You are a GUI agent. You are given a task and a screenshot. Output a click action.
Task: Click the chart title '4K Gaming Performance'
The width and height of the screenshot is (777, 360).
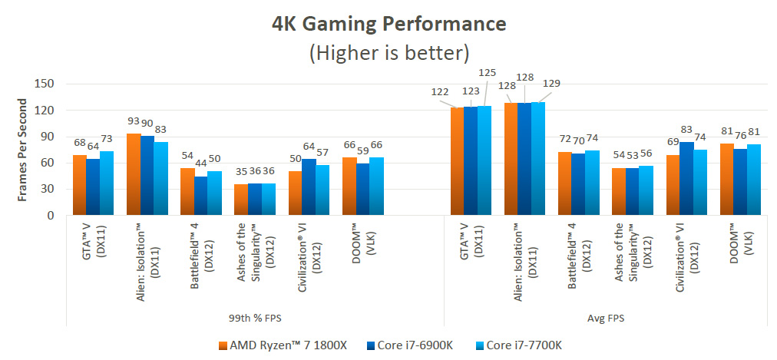pos(389,23)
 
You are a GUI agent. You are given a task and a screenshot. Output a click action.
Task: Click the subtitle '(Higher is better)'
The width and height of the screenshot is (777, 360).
pos(389,53)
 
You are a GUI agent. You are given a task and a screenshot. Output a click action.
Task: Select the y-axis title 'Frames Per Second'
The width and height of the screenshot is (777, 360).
pos(23,150)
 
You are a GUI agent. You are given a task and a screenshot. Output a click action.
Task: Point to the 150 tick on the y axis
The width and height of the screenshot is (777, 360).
pos(43,84)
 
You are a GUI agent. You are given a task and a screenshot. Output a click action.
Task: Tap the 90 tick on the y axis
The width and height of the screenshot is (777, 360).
pos(46,137)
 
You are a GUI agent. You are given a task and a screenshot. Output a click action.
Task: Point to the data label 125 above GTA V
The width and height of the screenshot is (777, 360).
pos(488,73)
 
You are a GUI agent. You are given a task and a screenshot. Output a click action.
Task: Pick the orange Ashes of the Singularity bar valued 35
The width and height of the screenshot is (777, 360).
pos(241,200)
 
